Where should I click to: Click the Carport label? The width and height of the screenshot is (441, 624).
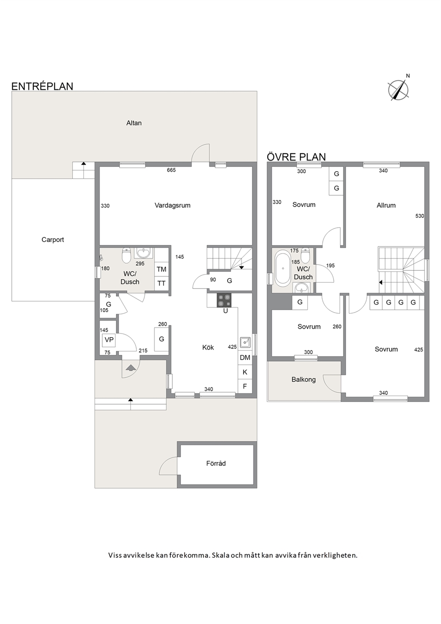52,240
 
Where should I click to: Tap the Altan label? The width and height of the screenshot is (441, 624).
134,123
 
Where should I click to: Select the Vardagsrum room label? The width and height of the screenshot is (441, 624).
172,205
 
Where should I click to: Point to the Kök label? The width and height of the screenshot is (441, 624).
208,347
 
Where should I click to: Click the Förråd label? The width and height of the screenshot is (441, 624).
216,463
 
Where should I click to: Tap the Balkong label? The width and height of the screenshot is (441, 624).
304,380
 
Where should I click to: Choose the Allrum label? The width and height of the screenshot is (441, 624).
386,205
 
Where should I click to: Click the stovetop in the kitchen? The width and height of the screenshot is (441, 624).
224,300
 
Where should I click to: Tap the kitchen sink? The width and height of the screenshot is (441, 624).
245,342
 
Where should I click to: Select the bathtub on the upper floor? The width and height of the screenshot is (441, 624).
283,268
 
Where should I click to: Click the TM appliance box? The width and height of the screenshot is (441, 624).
161,269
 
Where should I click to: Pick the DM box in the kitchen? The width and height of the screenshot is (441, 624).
245,358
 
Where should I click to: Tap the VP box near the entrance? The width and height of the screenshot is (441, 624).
109,340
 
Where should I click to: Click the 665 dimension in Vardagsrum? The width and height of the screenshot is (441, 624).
171,170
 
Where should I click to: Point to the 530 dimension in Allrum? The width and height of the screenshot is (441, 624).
420,216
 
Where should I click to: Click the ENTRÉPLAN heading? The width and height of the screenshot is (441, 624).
42,86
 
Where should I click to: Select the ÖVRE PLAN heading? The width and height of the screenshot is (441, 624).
296,157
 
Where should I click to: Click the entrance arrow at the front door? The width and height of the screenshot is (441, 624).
131,368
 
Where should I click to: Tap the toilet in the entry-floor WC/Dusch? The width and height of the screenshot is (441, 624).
126,256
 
